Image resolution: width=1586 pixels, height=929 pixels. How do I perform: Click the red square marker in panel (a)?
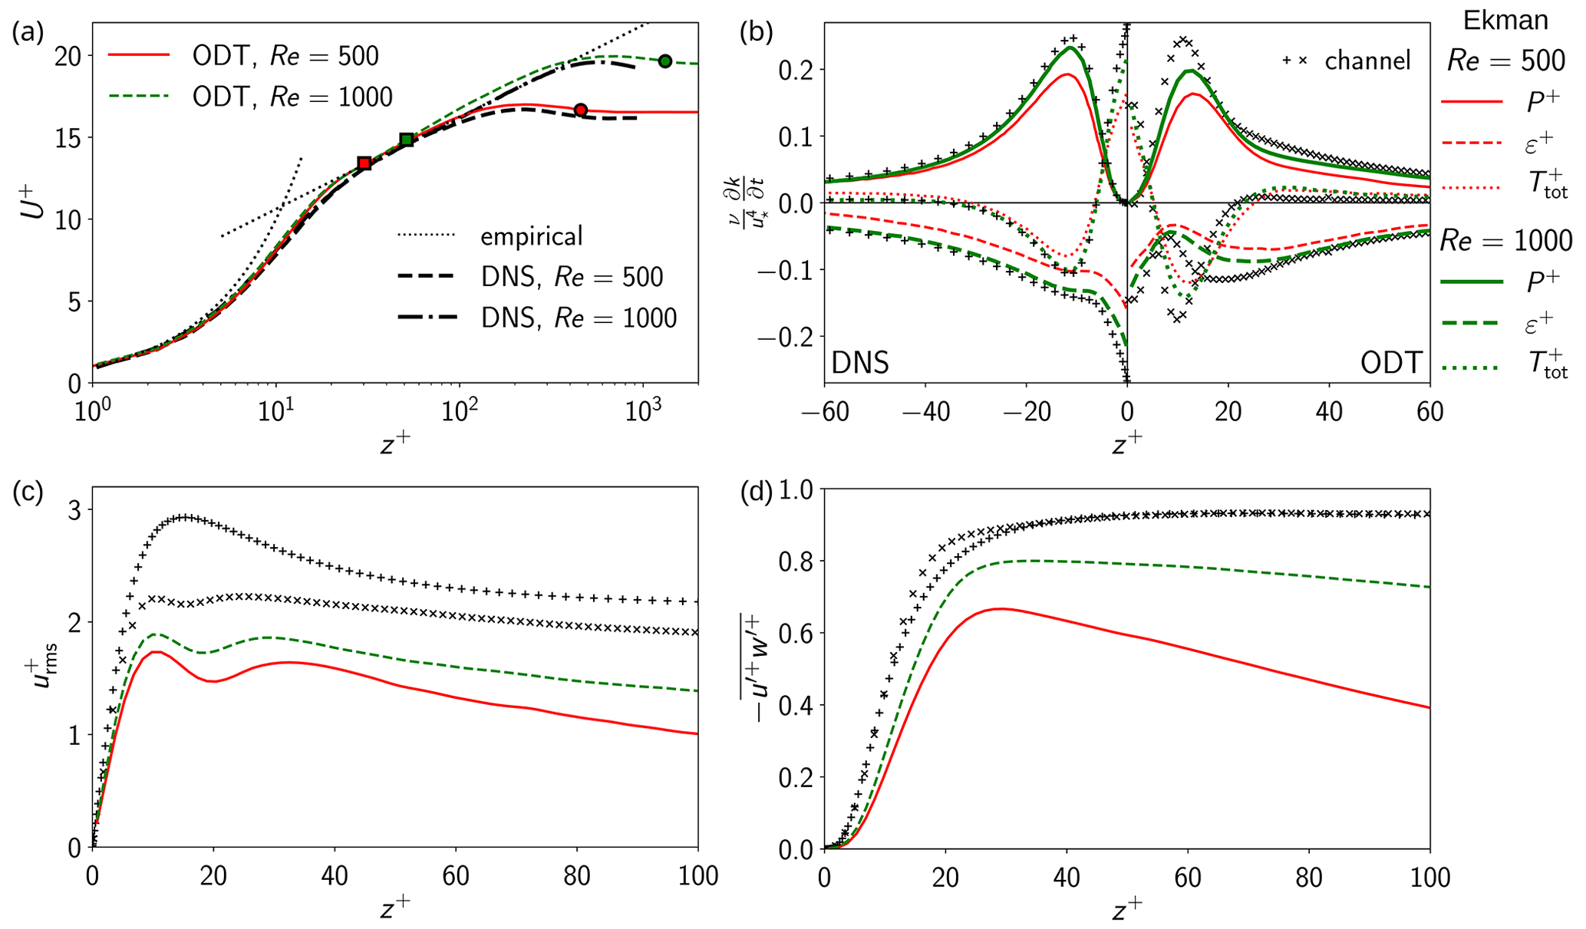point(364,163)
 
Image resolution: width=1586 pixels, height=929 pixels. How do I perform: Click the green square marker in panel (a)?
point(407,140)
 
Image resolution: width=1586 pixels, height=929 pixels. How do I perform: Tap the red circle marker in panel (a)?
point(581,110)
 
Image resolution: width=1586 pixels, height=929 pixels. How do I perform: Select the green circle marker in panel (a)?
point(665,61)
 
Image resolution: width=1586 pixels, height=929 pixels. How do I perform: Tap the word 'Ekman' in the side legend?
point(1505,21)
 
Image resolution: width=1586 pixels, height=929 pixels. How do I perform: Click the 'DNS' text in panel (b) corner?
point(860,362)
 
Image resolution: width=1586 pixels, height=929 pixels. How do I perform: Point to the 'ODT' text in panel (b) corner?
point(1391,362)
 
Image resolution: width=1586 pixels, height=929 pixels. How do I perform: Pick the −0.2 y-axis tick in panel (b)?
point(782,336)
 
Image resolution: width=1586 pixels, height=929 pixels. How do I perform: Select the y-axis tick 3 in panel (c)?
point(75,510)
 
